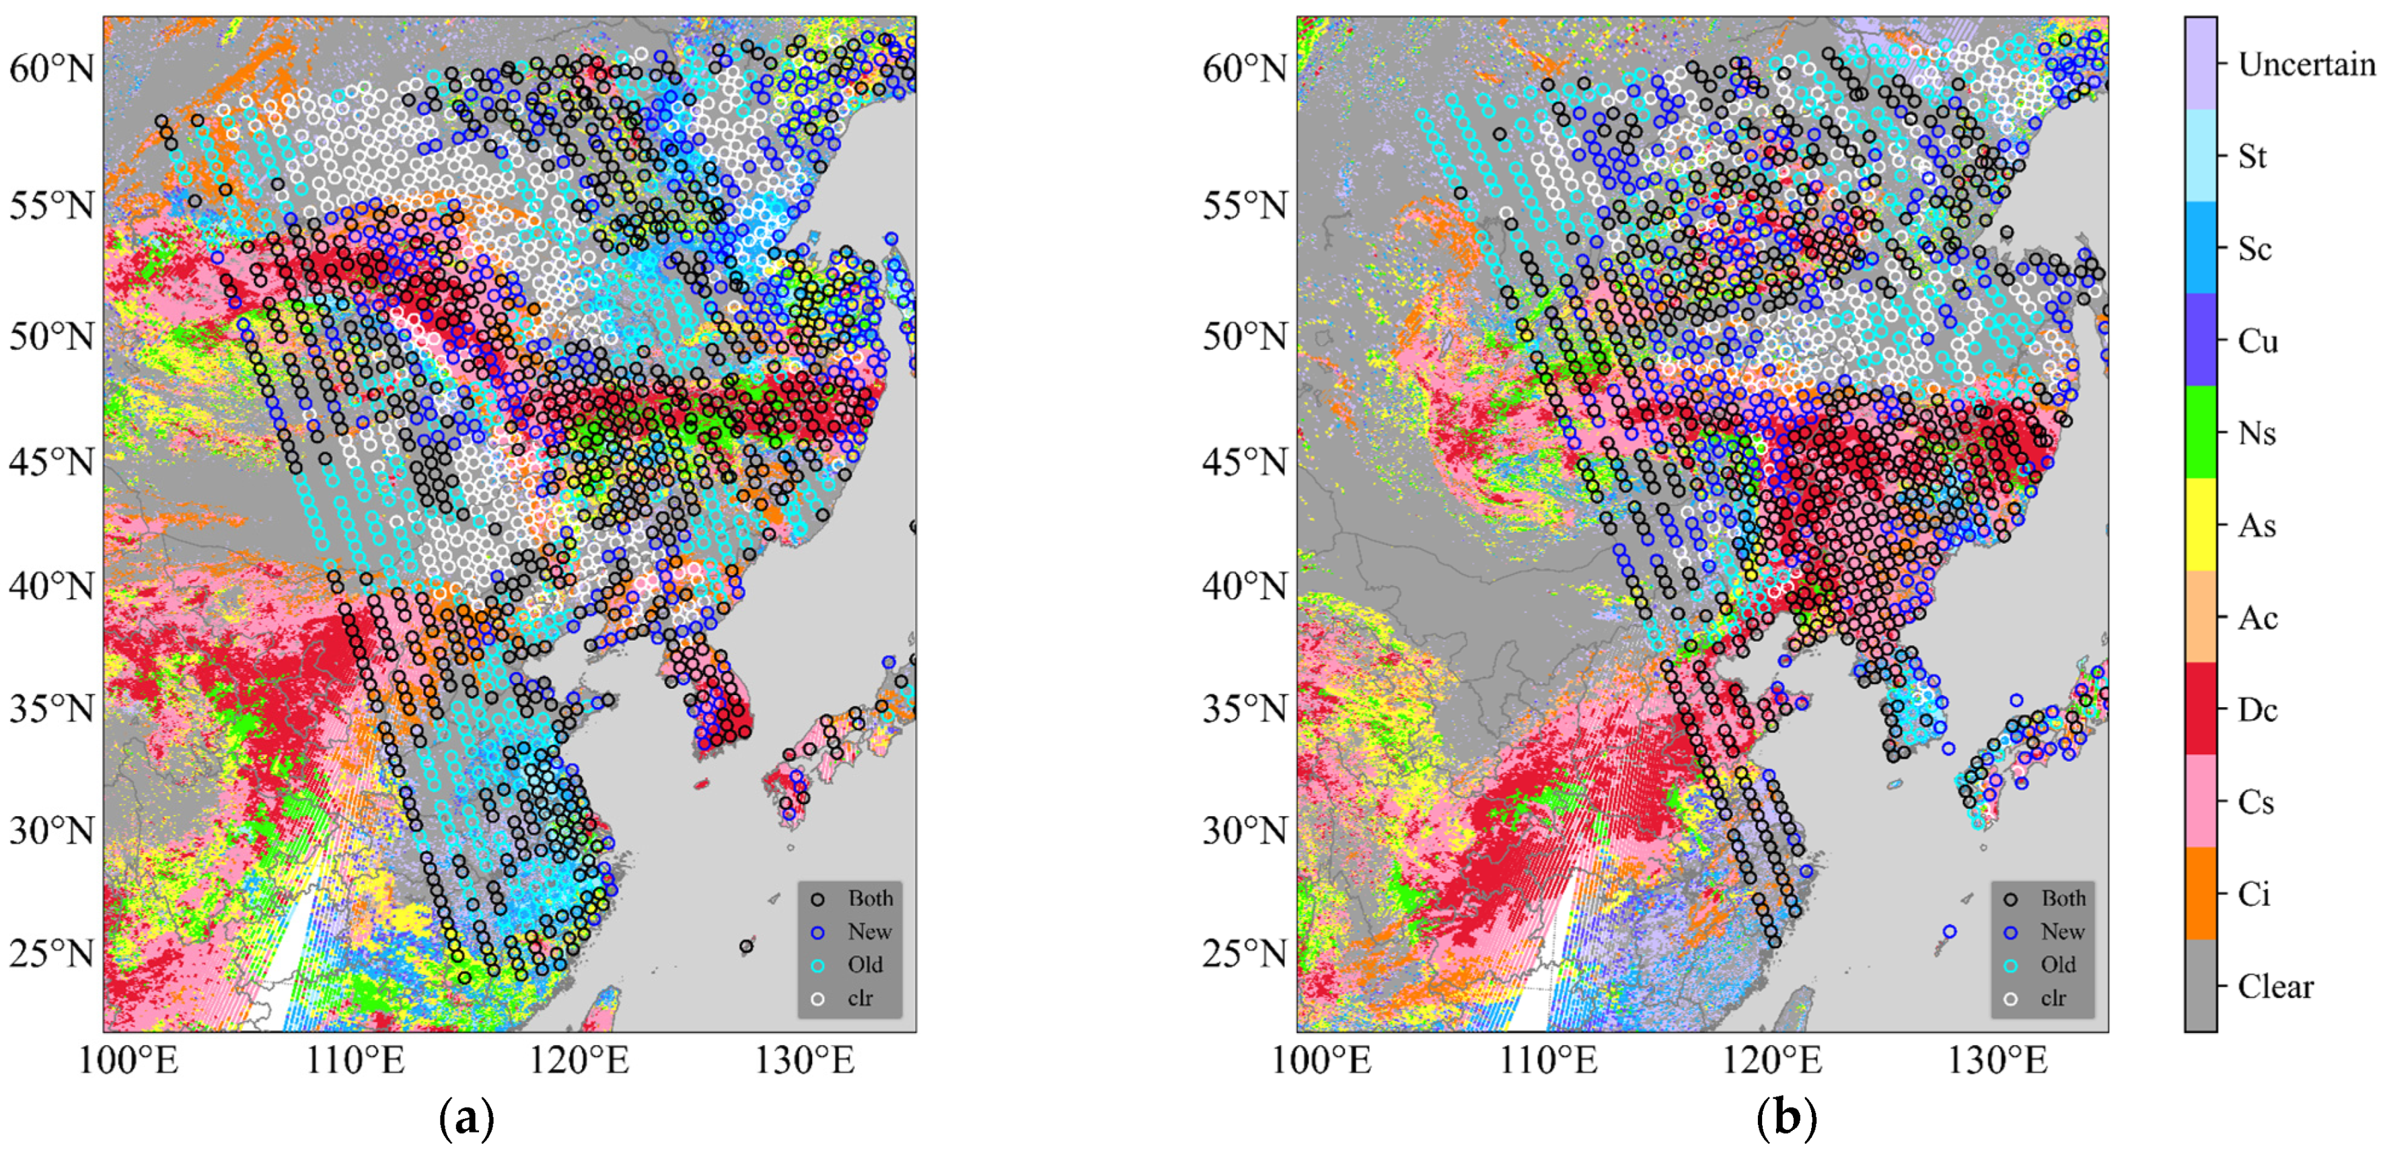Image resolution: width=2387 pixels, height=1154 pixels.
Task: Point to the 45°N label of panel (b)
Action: (1245, 461)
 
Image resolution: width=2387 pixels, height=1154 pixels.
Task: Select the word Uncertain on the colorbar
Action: (2306, 64)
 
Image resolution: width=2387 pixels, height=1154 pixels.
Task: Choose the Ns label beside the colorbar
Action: (2257, 433)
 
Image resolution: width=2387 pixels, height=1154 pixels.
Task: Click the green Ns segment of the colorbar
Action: (2201, 432)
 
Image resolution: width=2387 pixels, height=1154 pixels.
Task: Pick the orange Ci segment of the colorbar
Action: (2201, 894)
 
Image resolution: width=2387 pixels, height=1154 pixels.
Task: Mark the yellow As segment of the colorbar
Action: (2201, 525)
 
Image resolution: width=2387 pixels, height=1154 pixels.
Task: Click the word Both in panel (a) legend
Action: (870, 898)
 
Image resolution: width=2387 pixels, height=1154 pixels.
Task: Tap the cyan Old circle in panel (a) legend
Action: (818, 965)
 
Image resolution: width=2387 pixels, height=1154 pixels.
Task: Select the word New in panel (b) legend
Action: (2062, 931)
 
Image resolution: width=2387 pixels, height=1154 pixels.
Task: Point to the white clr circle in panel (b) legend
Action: (2011, 999)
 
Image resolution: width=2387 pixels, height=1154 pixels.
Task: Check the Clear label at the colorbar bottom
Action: (2275, 986)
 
